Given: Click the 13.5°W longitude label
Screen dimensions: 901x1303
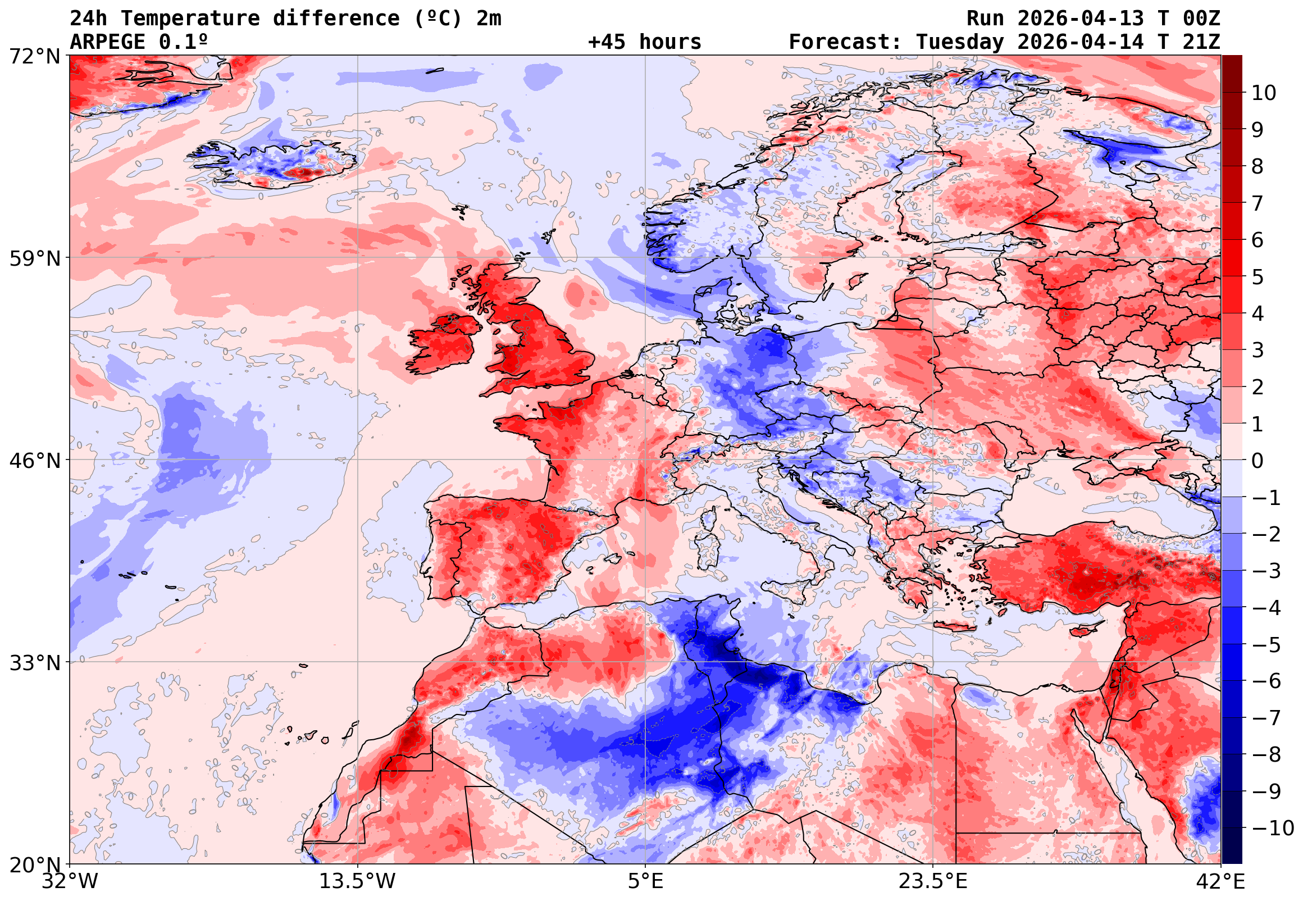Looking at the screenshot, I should click(x=358, y=881).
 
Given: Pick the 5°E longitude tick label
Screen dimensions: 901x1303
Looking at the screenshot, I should click(x=645, y=881).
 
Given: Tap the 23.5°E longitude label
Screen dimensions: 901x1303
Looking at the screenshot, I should click(x=933, y=881).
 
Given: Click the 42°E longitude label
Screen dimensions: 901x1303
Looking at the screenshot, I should click(x=1220, y=881).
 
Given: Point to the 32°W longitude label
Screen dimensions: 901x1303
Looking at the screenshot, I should click(x=70, y=881).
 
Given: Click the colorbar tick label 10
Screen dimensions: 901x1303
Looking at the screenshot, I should click(x=1264, y=93).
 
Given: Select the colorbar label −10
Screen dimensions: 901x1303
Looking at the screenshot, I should click(x=1272, y=828).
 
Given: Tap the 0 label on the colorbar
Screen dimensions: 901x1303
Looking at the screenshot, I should click(x=1258, y=461).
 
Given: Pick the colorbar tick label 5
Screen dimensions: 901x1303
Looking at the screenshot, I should click(x=1258, y=277).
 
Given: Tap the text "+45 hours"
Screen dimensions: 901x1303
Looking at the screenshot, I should click(x=644, y=42).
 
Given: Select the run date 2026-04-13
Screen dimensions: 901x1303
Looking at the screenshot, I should click(x=1081, y=18).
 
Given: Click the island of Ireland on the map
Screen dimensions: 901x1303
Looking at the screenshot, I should click(x=443, y=344).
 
